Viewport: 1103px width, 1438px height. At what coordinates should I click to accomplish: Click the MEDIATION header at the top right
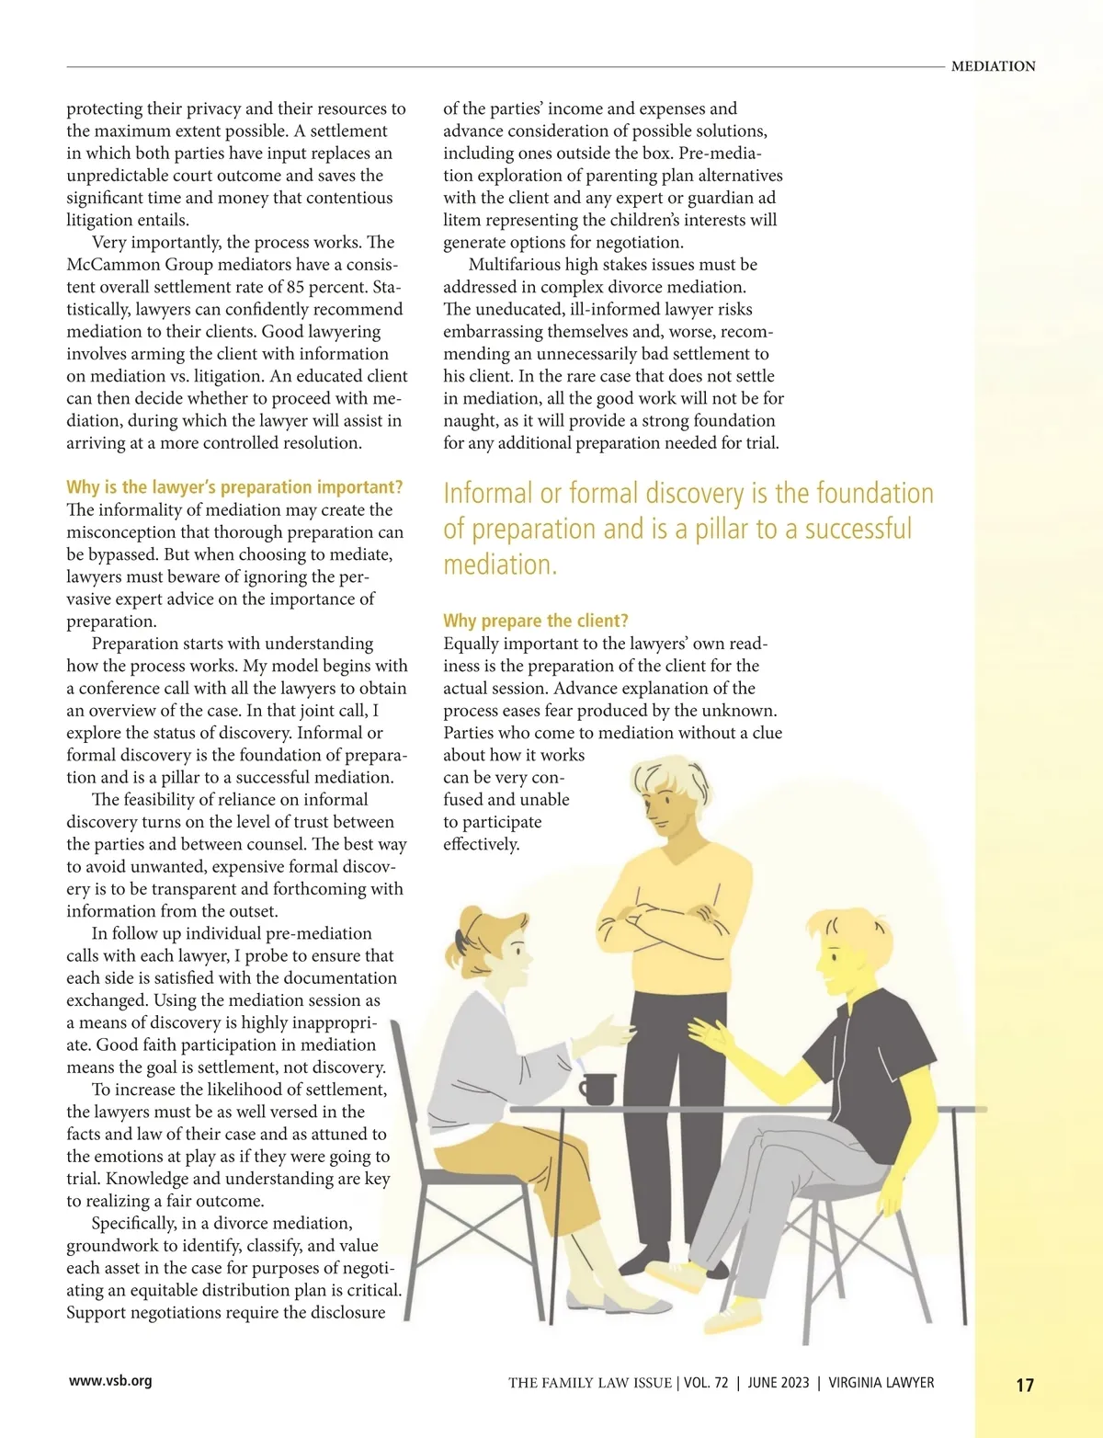(x=993, y=66)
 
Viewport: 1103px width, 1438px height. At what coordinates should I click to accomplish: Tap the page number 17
(x=1025, y=1385)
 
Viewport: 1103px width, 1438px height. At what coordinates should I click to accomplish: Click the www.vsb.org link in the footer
(x=110, y=1380)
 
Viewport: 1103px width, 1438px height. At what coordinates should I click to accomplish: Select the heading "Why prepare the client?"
(x=535, y=621)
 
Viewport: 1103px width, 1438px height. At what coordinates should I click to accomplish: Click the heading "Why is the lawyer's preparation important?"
(x=234, y=487)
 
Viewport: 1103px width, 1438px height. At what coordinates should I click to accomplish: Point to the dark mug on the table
(x=597, y=1089)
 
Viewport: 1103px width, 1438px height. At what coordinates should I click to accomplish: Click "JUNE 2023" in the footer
(x=778, y=1383)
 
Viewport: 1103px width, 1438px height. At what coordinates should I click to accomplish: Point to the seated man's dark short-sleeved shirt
(x=873, y=1048)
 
